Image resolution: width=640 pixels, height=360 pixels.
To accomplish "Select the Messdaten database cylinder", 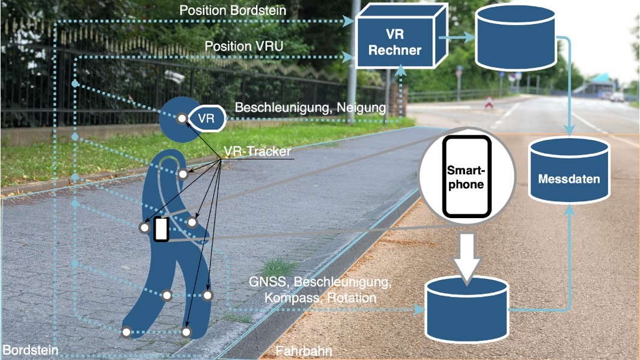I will (x=569, y=171).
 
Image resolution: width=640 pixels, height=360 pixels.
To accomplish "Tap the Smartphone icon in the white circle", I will (x=467, y=175).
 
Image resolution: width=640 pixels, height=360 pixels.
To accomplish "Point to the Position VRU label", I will (x=244, y=46).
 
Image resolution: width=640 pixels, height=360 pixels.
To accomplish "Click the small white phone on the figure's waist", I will (x=160, y=230).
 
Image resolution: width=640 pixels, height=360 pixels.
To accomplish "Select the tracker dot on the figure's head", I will (x=181, y=118).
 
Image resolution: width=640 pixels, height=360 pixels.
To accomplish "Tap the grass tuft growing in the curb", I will (x=278, y=266).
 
